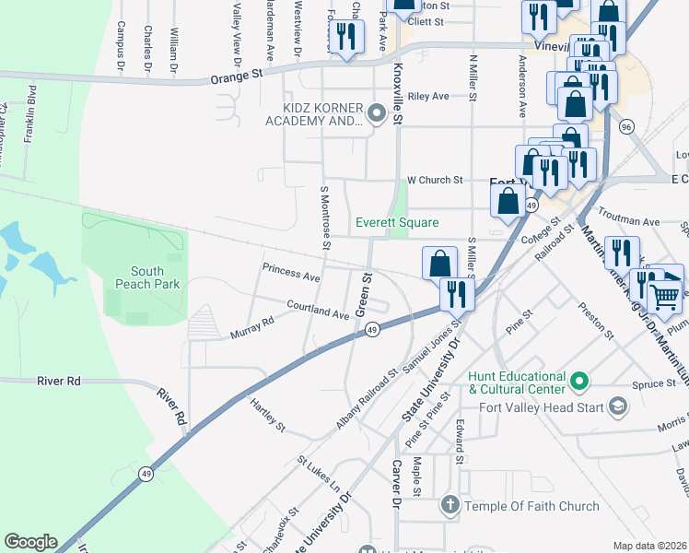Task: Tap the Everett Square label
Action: (398, 223)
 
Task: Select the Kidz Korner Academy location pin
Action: (376, 114)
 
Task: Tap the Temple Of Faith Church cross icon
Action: (450, 505)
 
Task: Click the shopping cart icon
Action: (665, 296)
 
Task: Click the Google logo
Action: (30, 542)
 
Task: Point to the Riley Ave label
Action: (428, 96)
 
